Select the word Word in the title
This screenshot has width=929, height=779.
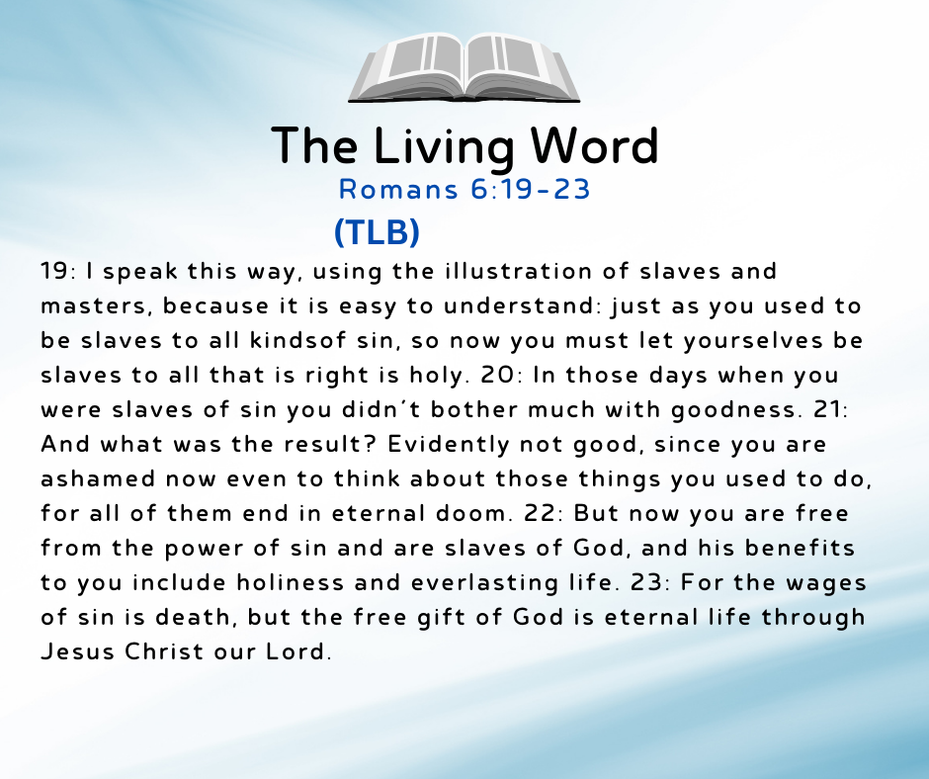coord(594,146)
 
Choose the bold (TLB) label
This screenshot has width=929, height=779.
coord(377,231)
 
